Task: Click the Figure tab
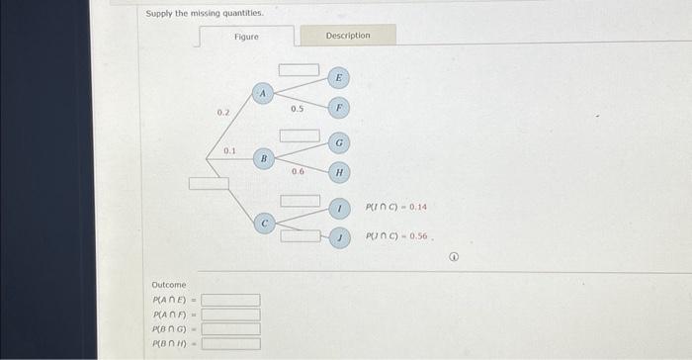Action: [x=246, y=37]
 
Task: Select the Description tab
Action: [x=348, y=36]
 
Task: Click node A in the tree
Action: [x=263, y=93]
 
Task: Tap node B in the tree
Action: [x=263, y=158]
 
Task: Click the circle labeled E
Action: [x=338, y=77]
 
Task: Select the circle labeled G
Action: [x=338, y=142]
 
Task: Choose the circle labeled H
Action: [x=338, y=173]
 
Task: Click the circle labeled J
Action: [x=338, y=237]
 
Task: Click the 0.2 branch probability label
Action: [x=223, y=114]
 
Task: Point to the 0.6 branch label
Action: [x=298, y=171]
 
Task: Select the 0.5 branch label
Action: [x=297, y=108]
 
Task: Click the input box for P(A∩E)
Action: [x=231, y=301]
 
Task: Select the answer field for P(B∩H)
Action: [x=231, y=344]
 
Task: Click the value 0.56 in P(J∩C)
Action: [x=420, y=238]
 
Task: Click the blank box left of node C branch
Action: [x=209, y=183]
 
